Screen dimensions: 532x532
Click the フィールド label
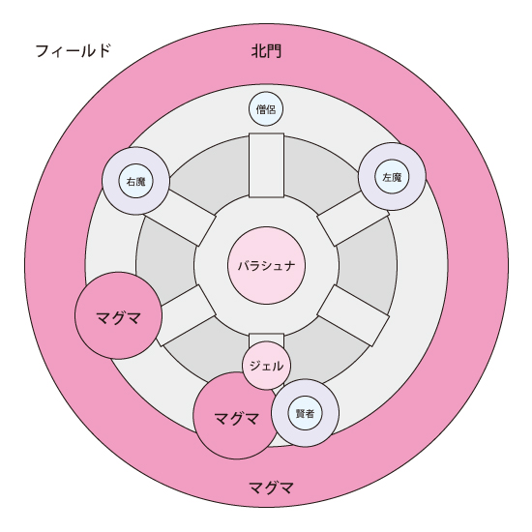tap(73, 51)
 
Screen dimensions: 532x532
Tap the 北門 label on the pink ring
tap(266, 51)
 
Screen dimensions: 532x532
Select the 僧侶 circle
tap(266, 109)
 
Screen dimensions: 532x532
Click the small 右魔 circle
tap(135, 181)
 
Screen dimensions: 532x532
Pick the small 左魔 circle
tap(392, 177)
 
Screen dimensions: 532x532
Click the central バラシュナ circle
tap(266, 266)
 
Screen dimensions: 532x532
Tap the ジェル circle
tap(266, 366)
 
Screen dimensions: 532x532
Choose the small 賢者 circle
tap(305, 413)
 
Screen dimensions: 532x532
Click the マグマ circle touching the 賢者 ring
tap(237, 416)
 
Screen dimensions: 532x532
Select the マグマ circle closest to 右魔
tap(118, 315)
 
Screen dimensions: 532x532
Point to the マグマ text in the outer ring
tap(272, 488)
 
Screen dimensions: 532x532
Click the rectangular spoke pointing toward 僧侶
tap(266, 165)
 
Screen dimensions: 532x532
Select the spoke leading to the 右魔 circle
tap(180, 217)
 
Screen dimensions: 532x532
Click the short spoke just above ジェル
tap(266, 340)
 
